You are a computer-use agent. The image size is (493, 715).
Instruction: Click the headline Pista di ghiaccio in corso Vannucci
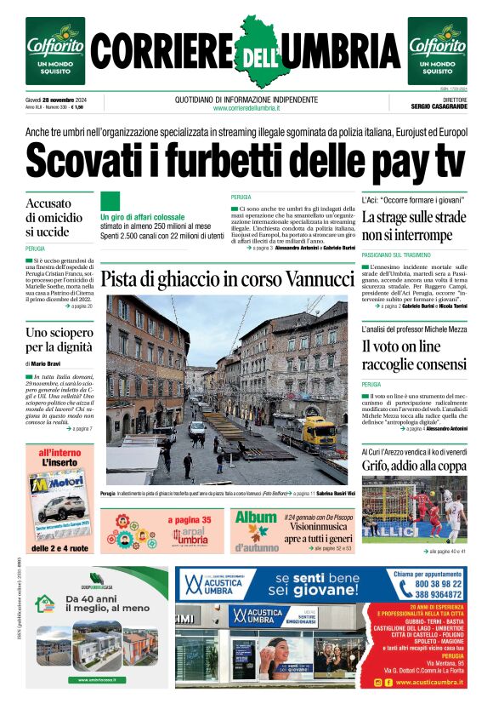point(227,279)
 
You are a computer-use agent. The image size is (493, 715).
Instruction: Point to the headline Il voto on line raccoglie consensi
point(414,356)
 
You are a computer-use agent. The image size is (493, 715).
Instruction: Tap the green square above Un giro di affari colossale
point(110,201)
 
